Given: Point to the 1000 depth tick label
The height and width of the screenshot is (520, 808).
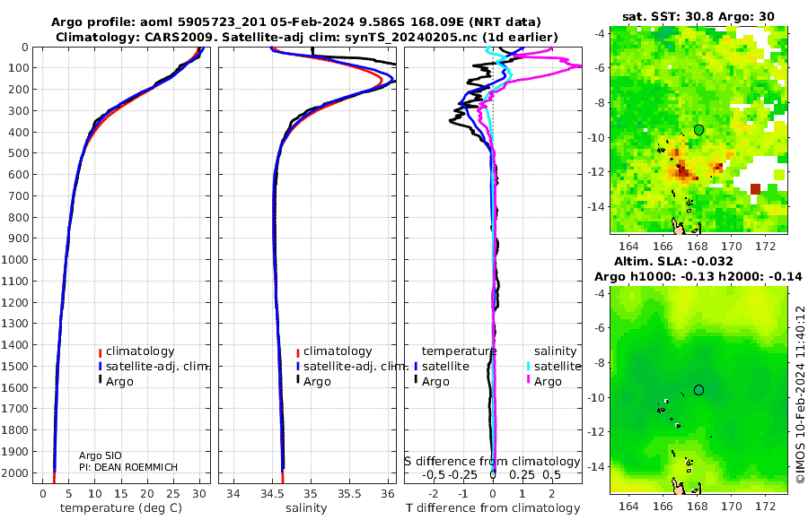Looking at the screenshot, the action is [15, 259].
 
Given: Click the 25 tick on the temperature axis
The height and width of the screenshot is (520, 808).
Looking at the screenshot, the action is [173, 494].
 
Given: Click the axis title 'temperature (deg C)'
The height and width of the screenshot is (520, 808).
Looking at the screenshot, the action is [121, 508].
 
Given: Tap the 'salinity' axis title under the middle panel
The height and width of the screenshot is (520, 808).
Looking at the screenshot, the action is [307, 508].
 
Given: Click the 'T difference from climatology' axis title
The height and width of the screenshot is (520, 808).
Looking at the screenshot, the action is [493, 508].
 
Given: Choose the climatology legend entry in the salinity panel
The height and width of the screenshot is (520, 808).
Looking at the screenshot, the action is [334, 351].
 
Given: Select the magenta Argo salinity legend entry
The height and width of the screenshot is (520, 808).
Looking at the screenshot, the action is [543, 382].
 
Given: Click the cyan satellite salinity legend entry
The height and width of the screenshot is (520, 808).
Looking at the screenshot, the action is [553, 366].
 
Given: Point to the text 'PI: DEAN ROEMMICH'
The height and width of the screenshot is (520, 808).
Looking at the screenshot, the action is [128, 467].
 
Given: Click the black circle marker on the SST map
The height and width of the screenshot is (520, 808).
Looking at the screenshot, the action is [698, 130].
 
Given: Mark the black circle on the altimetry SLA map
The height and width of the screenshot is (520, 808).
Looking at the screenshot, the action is [698, 390].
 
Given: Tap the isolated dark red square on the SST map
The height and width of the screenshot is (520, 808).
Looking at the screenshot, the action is [755, 189].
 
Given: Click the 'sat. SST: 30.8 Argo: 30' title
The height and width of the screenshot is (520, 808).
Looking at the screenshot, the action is [698, 16].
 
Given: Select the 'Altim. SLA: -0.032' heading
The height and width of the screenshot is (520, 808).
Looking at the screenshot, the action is [673, 262].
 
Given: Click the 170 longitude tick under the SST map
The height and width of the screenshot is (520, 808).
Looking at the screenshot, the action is [731, 246].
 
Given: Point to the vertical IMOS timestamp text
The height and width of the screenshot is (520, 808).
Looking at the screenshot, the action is [801, 394].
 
